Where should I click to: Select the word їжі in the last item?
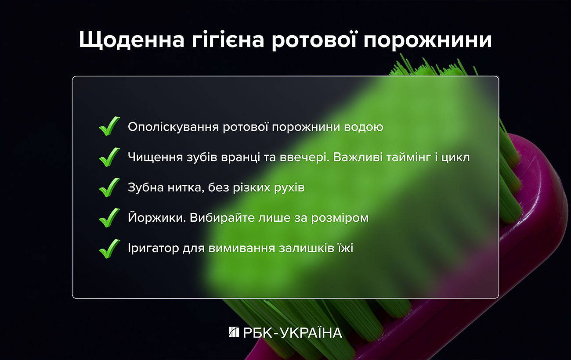click(346, 248)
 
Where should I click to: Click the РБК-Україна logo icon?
click(234, 332)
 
